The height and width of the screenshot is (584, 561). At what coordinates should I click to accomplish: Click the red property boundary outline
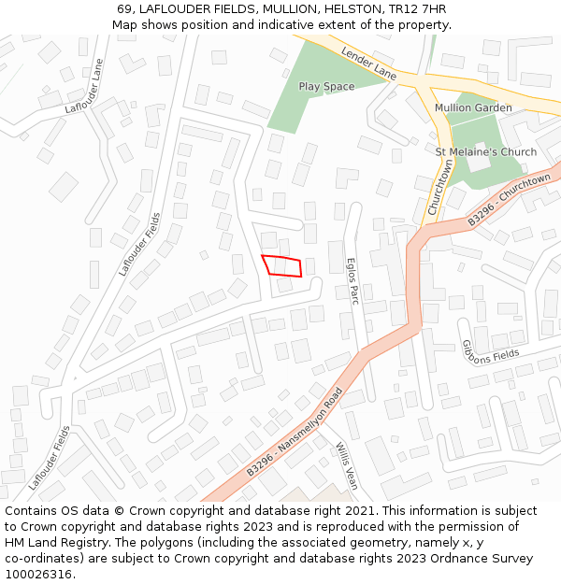281,265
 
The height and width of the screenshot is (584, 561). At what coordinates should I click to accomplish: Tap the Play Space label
326,87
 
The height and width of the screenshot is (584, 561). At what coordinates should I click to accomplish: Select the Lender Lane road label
368,63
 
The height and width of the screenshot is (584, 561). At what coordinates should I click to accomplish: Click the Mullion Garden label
473,108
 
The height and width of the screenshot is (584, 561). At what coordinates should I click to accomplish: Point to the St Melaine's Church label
486,152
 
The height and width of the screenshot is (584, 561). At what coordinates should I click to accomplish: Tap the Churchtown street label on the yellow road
439,188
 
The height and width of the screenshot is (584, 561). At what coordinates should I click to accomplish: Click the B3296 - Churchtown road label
510,199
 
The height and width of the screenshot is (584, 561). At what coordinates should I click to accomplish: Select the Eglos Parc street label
352,281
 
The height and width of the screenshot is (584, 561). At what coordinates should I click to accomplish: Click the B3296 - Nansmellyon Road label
295,434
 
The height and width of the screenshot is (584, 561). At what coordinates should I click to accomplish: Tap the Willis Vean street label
347,465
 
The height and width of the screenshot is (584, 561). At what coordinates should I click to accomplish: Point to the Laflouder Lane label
84,87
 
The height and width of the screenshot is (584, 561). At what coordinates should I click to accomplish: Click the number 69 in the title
124,9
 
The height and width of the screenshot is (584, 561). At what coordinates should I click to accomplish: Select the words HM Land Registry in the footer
52,543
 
